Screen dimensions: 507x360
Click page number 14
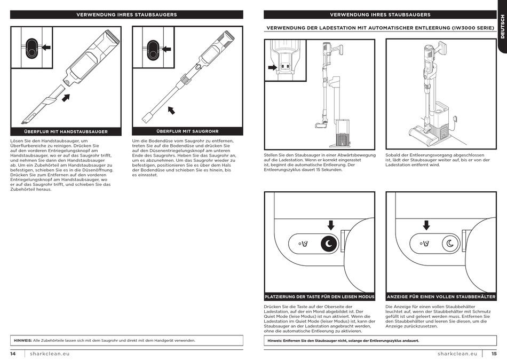click(13, 354)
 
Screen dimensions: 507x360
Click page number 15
click(494, 354)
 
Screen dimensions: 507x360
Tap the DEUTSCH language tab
click(502, 27)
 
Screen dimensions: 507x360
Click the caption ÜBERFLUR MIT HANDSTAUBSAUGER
click(66, 131)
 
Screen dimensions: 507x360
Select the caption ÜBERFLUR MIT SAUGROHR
click(187, 131)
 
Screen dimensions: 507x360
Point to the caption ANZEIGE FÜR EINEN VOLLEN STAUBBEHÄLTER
click(441, 296)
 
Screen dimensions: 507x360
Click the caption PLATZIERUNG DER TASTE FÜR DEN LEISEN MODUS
click(320, 296)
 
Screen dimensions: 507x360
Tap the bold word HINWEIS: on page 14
click(22, 340)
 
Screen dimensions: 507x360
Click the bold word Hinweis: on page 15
click(275, 340)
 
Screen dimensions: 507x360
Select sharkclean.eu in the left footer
click(50, 354)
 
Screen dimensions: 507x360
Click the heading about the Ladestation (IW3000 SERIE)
click(381, 27)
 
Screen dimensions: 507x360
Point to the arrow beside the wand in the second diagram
click(171, 111)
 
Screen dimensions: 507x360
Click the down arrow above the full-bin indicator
click(426, 225)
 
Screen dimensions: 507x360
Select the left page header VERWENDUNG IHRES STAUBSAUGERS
click(126, 14)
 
